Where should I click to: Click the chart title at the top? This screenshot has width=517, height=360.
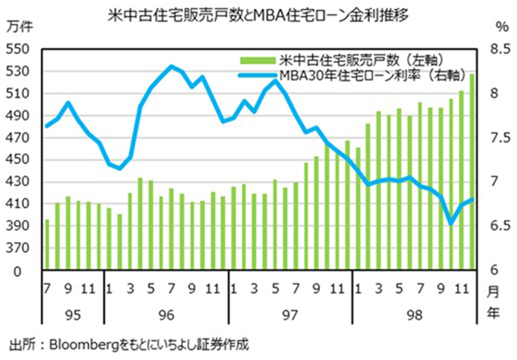pyautogui.click(x=258, y=12)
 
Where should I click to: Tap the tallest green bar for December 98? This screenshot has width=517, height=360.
pyautogui.click(x=472, y=172)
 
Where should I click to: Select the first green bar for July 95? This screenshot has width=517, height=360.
pyautogui.click(x=47, y=244)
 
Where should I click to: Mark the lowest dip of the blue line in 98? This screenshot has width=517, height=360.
pyautogui.click(x=452, y=223)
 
